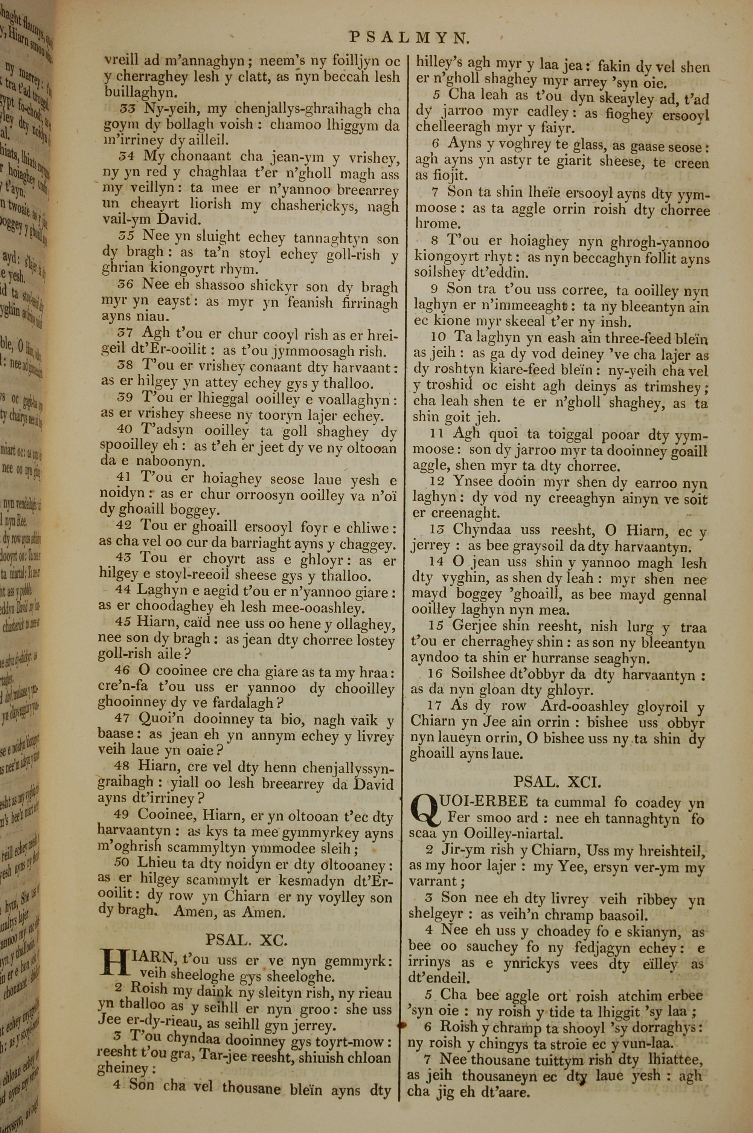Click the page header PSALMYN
tap(408, 37)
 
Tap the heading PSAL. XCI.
tap(557, 782)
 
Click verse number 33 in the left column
tap(128, 108)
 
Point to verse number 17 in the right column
tap(434, 706)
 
